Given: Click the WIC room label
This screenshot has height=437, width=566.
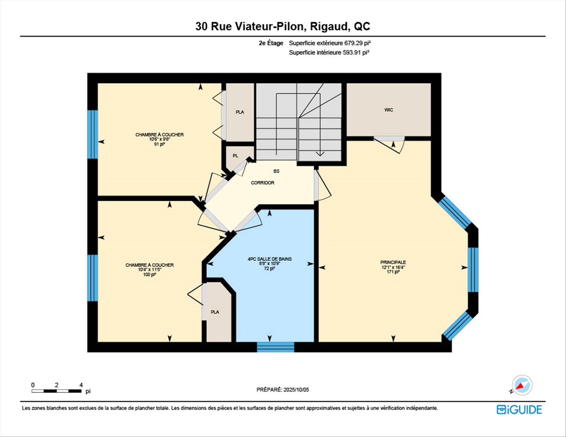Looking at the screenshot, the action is pyautogui.click(x=389, y=110).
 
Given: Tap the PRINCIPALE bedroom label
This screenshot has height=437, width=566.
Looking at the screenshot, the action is pyautogui.click(x=393, y=262).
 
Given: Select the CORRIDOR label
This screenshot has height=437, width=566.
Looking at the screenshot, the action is pyautogui.click(x=262, y=183).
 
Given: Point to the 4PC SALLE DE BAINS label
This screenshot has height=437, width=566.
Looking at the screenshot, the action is pyautogui.click(x=269, y=259).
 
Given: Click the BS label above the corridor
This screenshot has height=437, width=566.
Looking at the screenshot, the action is pyautogui.click(x=276, y=171).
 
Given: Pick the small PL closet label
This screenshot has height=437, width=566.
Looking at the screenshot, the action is pyautogui.click(x=235, y=156).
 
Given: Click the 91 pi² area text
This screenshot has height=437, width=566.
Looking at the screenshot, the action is pyautogui.click(x=159, y=144).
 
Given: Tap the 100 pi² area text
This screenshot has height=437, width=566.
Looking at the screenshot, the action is pyautogui.click(x=149, y=274).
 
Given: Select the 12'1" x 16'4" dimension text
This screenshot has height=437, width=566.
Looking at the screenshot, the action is pyautogui.click(x=393, y=267).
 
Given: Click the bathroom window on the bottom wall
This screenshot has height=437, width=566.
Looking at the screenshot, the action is pyautogui.click(x=275, y=347).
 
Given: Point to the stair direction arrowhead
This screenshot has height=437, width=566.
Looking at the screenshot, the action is pyautogui.click(x=320, y=154).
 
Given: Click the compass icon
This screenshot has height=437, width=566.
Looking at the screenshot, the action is pyautogui.click(x=522, y=385).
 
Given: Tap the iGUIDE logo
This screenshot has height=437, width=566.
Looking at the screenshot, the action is pyautogui.click(x=519, y=410).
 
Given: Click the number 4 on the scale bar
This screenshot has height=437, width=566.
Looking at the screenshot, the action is pyautogui.click(x=81, y=385).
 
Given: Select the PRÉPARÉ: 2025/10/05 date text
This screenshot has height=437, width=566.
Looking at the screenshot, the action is pyautogui.click(x=283, y=390).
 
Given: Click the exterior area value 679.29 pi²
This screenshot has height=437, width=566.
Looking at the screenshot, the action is pyautogui.click(x=357, y=43).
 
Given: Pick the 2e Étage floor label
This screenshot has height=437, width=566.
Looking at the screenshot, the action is pyautogui.click(x=271, y=43).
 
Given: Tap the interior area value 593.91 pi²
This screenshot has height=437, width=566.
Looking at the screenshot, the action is pyautogui.click(x=356, y=52).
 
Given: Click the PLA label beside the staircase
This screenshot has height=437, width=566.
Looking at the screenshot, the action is pyautogui.click(x=240, y=112).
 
